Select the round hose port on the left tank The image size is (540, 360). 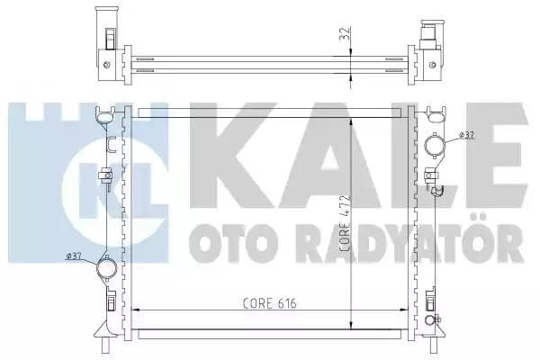click(x=106, y=267)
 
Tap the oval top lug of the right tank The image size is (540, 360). click(x=436, y=115)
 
